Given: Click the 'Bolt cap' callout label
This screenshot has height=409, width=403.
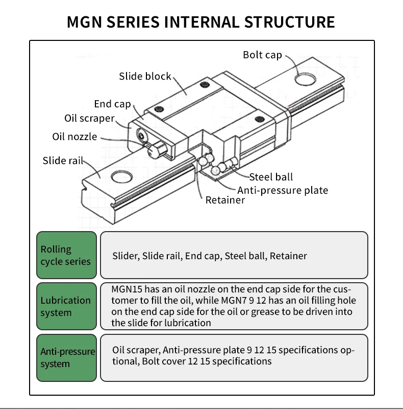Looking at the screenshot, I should (262, 55).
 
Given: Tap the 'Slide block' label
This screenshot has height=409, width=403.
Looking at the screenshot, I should (145, 76).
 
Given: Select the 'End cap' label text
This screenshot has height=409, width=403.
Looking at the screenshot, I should (112, 104).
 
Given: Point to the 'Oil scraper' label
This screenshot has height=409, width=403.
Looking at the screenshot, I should (89, 118).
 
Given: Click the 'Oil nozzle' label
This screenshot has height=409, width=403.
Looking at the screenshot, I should (74, 137).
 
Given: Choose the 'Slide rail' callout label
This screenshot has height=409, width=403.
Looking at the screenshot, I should (62, 161).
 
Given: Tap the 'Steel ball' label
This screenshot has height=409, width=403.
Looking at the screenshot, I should (271, 177).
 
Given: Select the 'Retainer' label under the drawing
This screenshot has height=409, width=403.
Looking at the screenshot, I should (225, 200).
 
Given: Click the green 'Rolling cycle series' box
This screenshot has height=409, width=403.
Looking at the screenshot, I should (66, 255).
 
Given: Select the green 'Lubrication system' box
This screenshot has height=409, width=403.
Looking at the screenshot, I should (66, 306).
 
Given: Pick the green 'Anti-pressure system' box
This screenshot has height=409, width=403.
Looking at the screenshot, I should (66, 357).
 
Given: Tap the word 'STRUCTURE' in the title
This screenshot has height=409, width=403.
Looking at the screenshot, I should (290, 22).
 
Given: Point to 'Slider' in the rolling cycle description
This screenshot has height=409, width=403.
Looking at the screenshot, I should (125, 256).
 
